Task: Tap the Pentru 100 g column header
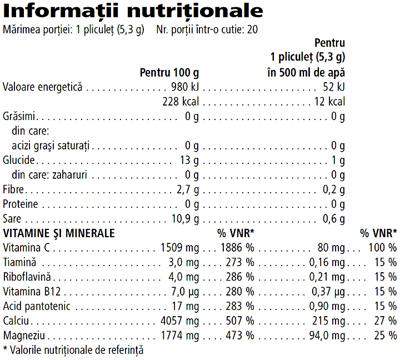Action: coord(169,73)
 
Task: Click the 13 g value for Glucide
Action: coord(189,161)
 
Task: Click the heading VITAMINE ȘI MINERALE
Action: coord(59,233)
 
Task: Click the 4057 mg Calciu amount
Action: coord(179,321)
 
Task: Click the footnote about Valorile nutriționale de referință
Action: coord(73,350)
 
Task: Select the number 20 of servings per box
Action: coord(252,29)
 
